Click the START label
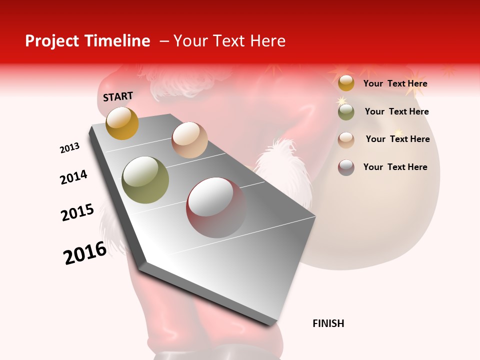[x=118, y=96]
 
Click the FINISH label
[x=328, y=323]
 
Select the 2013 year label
[x=70, y=148]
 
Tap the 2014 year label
[x=73, y=177]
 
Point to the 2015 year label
[x=77, y=212]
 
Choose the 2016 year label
[x=85, y=252]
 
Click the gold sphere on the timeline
[x=122, y=123]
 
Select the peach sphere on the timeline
[x=189, y=139]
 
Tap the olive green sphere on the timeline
[x=145, y=180]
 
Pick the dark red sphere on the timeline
[x=216, y=207]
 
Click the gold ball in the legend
[x=346, y=83]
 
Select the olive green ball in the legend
[x=346, y=112]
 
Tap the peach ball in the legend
[x=346, y=139]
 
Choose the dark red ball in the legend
[x=346, y=167]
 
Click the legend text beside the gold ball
[x=395, y=83]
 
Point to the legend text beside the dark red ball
[x=395, y=167]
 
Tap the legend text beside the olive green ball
[x=396, y=111]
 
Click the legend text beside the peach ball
[x=397, y=139]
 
